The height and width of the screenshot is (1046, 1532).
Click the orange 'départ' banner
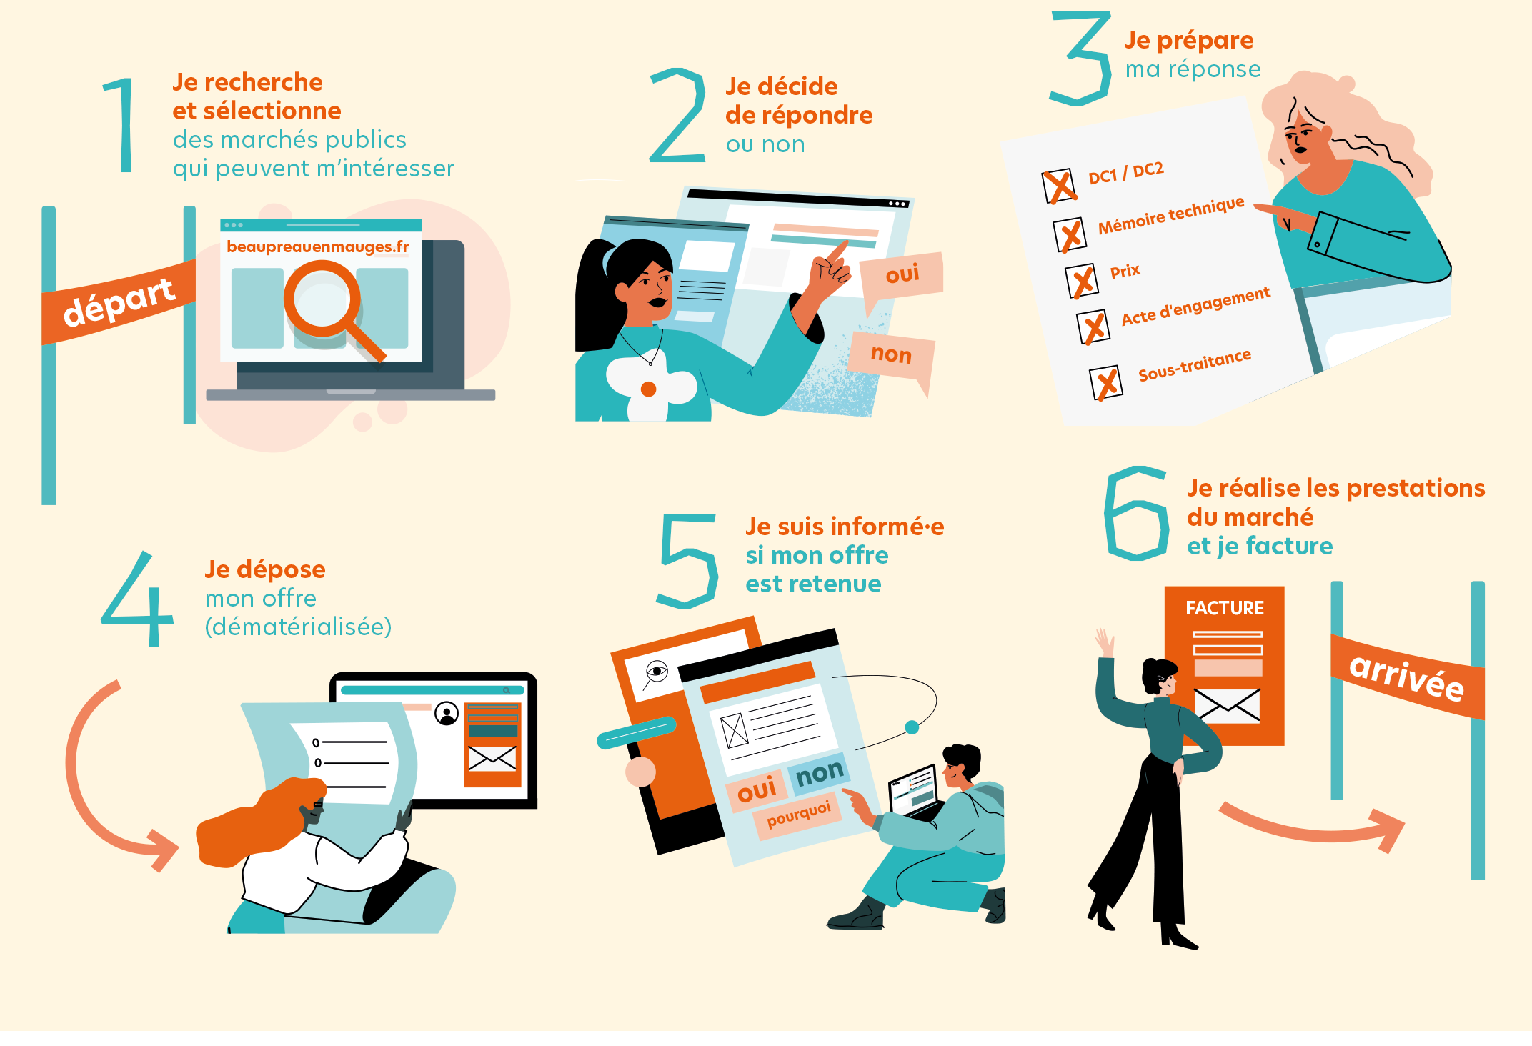[119, 302]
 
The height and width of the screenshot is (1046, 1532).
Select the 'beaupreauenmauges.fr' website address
[317, 246]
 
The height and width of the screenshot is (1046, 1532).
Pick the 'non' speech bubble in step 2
[892, 357]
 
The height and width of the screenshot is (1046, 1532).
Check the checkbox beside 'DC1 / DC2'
[1059, 186]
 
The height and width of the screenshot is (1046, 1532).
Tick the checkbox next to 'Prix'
[1082, 281]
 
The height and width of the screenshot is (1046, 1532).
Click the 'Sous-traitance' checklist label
[1194, 364]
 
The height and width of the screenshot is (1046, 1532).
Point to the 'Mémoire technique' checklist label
[1171, 216]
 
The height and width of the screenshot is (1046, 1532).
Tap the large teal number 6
[1136, 513]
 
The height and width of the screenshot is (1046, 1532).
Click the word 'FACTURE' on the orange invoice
[1225, 608]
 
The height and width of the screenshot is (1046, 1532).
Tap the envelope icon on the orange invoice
[1227, 705]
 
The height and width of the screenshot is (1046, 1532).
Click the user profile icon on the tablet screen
[447, 714]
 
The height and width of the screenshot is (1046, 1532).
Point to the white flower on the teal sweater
[650, 386]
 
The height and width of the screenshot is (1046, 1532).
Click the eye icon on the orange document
[656, 672]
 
